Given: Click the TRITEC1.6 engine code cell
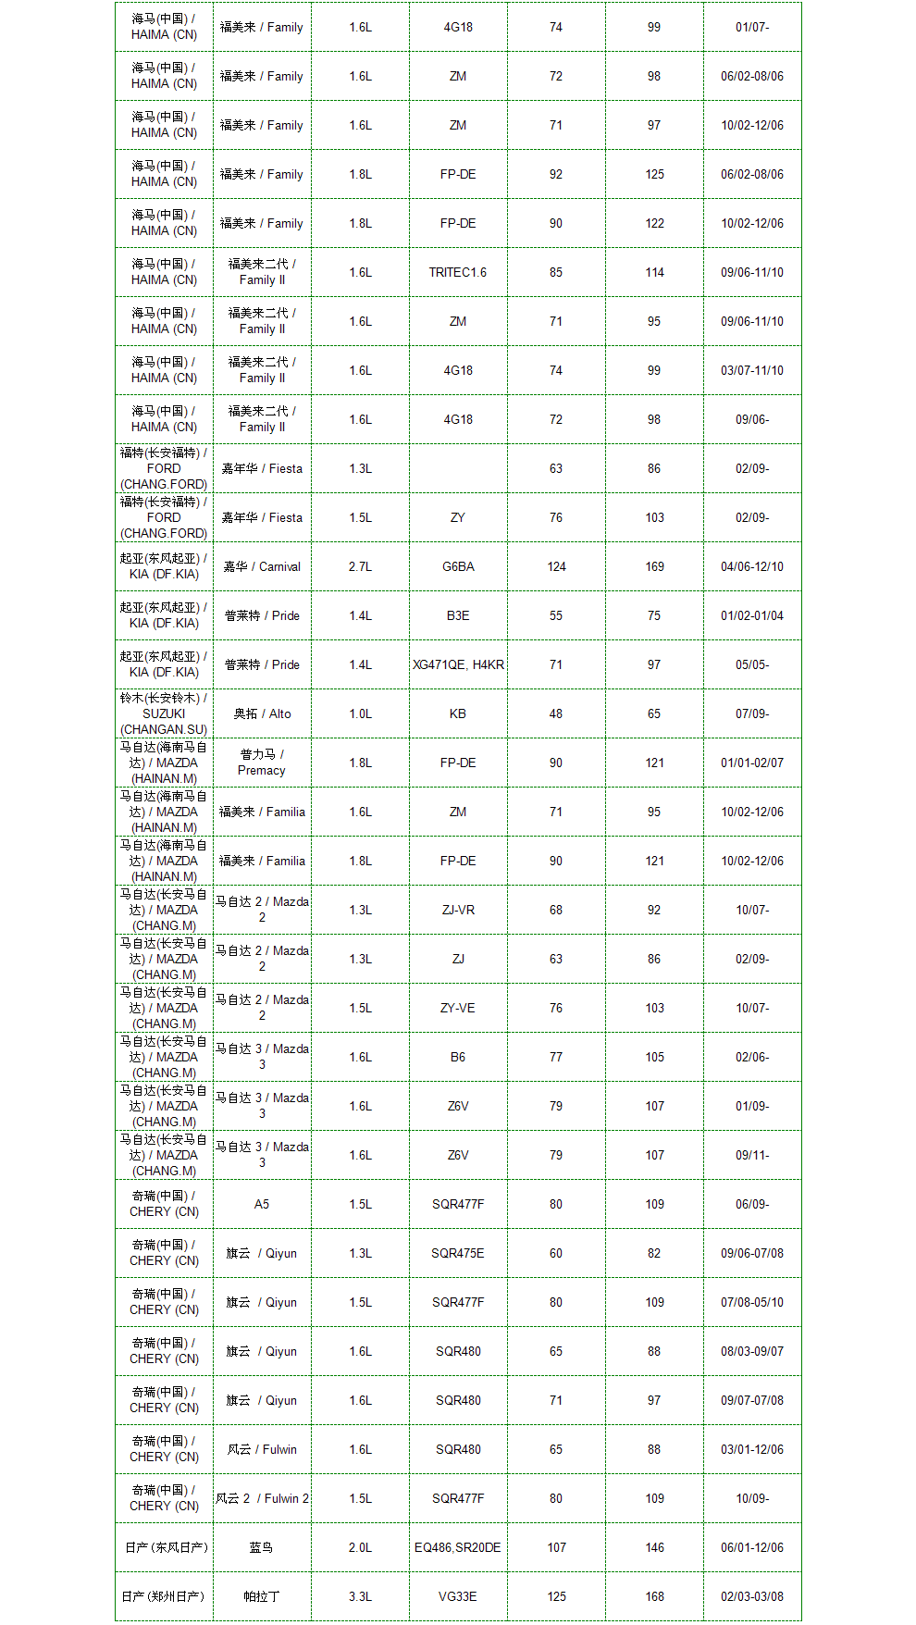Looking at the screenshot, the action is point(458,273).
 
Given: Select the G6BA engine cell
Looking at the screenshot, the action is point(458,567).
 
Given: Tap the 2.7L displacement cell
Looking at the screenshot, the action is point(360,567).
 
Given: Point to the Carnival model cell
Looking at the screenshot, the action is point(262,567).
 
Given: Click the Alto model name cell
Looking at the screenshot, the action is point(262,714).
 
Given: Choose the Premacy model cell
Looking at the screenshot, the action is point(262,763).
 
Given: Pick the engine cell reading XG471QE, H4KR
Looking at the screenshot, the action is point(458,665).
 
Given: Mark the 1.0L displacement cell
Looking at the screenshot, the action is point(360,714).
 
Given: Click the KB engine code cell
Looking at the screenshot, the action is point(458,714).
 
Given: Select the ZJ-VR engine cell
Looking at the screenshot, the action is point(458,911).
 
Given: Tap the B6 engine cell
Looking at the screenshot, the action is point(458,1058).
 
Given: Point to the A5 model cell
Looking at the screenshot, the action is point(262,1205).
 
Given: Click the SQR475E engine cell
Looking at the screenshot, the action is point(458,1254).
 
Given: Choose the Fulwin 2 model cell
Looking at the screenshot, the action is point(262,1499).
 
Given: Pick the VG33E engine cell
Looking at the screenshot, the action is point(458,1597).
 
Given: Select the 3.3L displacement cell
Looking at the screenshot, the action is point(360,1597).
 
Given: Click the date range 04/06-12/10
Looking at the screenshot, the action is point(752,567).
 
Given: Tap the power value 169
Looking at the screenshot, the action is point(654,567).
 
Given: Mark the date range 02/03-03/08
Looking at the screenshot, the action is point(752,1597).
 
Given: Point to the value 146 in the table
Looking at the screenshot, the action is point(654,1548).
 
